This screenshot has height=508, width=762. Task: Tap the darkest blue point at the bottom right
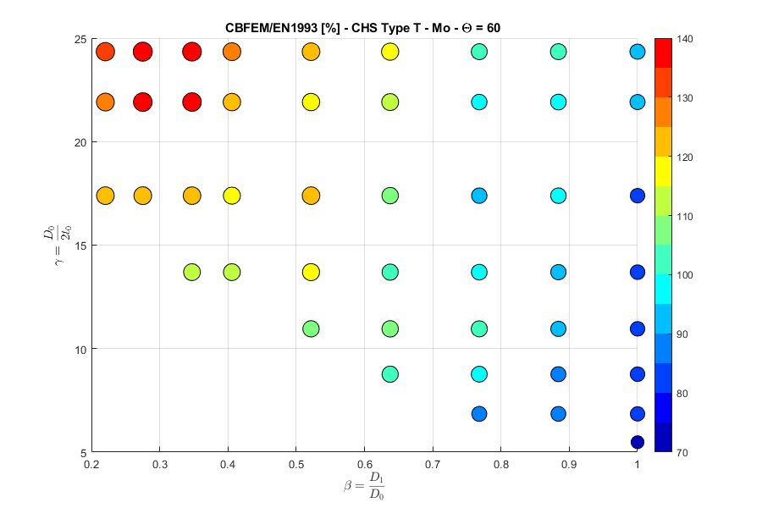point(638,442)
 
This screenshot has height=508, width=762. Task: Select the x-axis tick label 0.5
point(295,464)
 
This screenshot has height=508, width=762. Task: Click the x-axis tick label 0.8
point(500,464)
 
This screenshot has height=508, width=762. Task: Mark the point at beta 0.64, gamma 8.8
point(390,374)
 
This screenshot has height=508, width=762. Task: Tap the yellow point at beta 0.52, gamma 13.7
point(311,273)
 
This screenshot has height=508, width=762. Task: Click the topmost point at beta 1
point(638,52)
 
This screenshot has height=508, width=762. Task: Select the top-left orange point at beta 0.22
point(105,52)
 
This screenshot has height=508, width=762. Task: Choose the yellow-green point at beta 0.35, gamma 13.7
point(192,273)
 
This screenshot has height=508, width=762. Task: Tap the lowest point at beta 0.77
point(479,414)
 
